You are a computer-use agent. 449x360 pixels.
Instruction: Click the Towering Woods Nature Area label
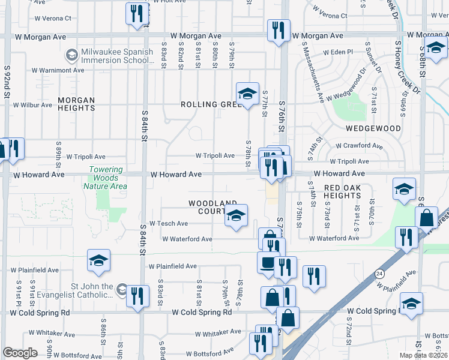click(108, 178)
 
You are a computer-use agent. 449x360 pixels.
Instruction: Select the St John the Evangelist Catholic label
click(74, 290)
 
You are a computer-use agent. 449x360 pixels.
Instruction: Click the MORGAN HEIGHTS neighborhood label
click(76, 104)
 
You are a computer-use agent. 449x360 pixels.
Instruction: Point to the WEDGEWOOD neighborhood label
click(373, 128)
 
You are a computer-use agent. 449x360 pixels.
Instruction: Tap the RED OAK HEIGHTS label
click(350, 192)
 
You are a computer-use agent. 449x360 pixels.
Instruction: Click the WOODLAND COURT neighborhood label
click(212, 208)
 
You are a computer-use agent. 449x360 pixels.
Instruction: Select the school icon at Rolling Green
click(247, 94)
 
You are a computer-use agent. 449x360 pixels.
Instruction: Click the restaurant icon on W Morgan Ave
click(279, 31)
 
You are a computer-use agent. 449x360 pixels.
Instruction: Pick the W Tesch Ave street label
click(169, 223)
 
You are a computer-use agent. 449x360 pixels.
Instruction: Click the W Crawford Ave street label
click(359, 146)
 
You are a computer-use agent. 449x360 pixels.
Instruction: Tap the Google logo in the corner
click(20, 353)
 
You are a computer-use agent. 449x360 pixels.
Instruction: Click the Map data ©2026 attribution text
click(424, 355)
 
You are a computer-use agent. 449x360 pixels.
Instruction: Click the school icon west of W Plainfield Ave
click(98, 260)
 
